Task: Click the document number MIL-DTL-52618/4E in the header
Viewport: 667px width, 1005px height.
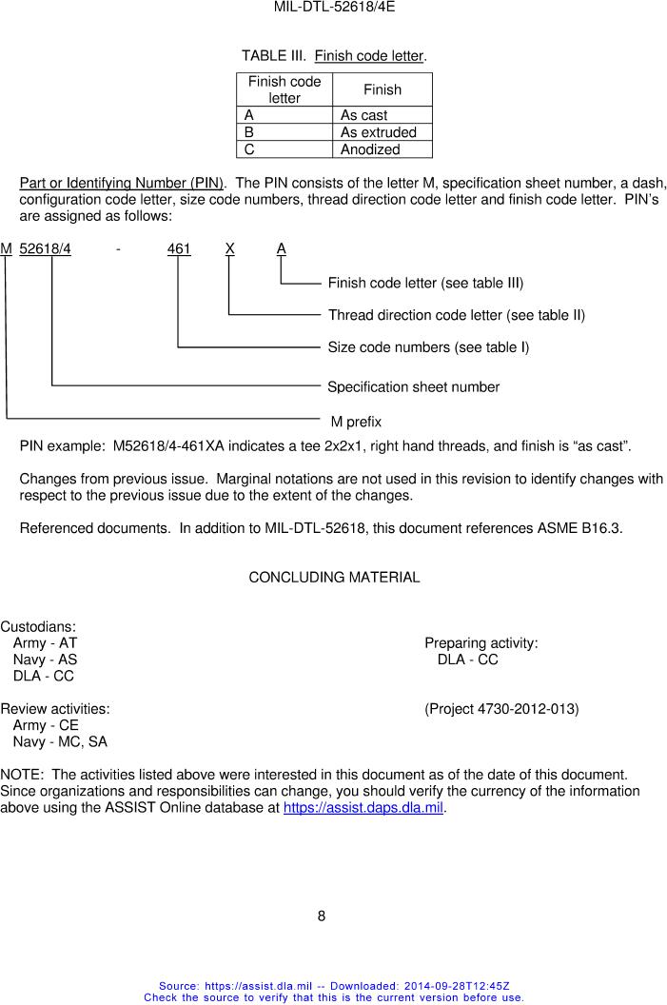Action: (x=334, y=7)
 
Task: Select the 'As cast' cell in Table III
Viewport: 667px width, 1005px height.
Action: (x=363, y=115)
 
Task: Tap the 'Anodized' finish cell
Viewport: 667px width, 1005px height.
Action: (x=370, y=149)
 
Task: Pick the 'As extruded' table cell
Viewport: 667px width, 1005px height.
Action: (x=379, y=132)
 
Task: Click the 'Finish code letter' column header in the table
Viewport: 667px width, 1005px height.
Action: (x=284, y=89)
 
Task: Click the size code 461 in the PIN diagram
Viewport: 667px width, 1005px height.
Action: (x=179, y=249)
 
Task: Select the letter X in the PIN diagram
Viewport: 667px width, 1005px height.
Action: (x=230, y=249)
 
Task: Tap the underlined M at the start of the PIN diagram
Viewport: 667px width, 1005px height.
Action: (x=7, y=249)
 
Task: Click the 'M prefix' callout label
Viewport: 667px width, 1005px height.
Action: (x=356, y=421)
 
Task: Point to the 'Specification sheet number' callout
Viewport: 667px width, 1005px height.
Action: (x=413, y=386)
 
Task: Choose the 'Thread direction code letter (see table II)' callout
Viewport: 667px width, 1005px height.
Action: (x=456, y=315)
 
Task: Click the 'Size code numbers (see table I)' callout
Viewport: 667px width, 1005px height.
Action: (x=428, y=347)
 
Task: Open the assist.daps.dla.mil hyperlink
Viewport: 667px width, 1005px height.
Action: (x=364, y=809)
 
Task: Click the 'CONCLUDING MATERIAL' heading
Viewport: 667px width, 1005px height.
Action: (x=334, y=578)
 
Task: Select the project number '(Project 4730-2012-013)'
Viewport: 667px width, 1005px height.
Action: (x=501, y=709)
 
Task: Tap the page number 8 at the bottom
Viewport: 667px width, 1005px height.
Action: (x=322, y=916)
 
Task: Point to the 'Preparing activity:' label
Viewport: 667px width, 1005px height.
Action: (x=481, y=644)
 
